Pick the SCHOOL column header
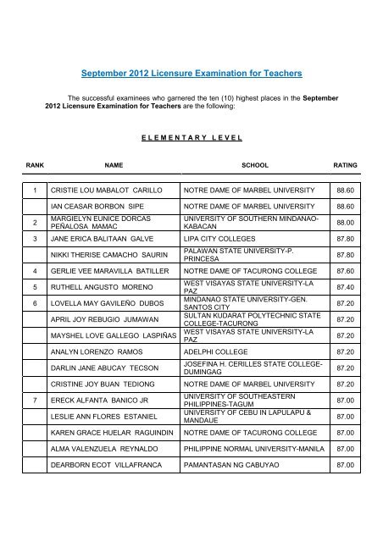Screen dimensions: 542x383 click(254, 166)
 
